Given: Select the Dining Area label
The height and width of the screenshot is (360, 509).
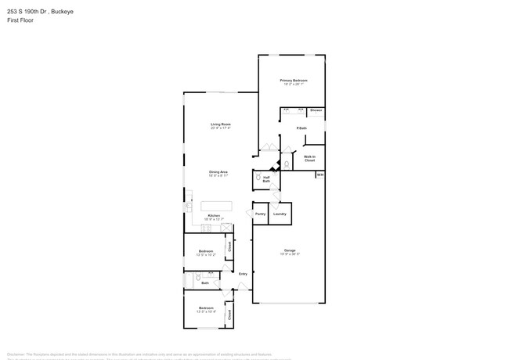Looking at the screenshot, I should [x=218, y=173].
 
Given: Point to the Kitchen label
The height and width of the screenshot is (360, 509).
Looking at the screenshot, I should [x=212, y=217].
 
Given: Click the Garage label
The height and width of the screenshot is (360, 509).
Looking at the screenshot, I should [x=289, y=252].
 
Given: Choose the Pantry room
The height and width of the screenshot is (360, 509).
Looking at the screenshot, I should [x=260, y=214].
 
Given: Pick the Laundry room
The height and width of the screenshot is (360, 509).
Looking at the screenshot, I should [x=280, y=214].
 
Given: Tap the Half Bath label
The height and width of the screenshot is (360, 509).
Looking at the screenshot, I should [x=266, y=178].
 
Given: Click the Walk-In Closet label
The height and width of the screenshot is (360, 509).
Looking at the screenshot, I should [x=309, y=159].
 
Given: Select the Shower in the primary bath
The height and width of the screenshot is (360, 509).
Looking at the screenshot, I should [x=316, y=111].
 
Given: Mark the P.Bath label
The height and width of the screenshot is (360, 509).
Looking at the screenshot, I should [x=301, y=128].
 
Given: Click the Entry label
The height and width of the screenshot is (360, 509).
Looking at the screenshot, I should [x=243, y=273].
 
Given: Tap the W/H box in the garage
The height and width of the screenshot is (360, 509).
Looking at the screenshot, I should [x=319, y=175].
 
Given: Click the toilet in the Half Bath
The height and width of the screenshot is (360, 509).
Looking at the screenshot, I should [x=258, y=179].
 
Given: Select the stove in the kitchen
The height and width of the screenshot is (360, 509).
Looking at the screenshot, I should [x=189, y=207].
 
